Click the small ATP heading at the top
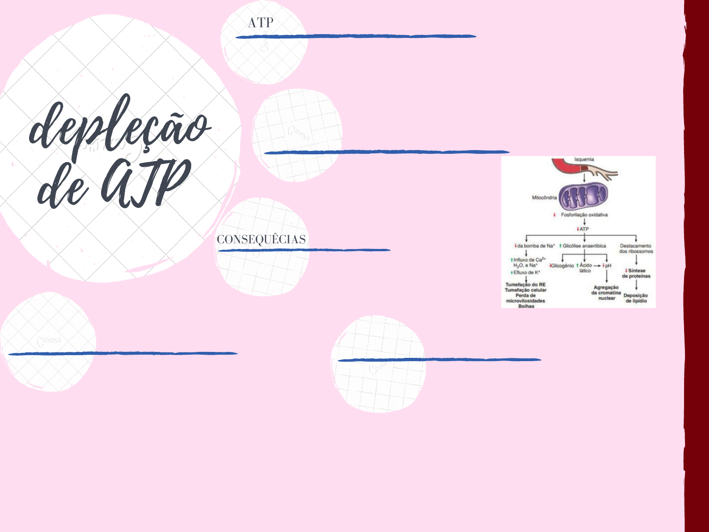pyautogui.click(x=260, y=23)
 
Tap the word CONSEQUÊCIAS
pyautogui.click(x=261, y=239)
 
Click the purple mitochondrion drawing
pyautogui.click(x=583, y=197)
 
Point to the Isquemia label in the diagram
pyautogui.click(x=584, y=159)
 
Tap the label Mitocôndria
pyautogui.click(x=544, y=198)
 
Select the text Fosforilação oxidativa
pyautogui.click(x=584, y=215)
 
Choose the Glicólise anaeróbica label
pyautogui.click(x=584, y=246)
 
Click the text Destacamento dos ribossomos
pyautogui.click(x=636, y=248)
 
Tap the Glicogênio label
pyautogui.click(x=562, y=266)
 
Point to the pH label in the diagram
pyautogui.click(x=608, y=266)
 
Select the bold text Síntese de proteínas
pyautogui.click(x=636, y=273)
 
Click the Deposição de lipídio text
pyautogui.click(x=636, y=298)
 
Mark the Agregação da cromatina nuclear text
pyautogui.click(x=607, y=293)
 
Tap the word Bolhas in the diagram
pyautogui.click(x=526, y=306)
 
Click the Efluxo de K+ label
pyautogui.click(x=526, y=272)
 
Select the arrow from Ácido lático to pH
pyautogui.click(x=597, y=266)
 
